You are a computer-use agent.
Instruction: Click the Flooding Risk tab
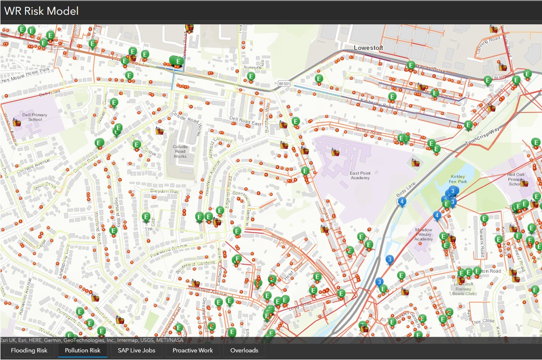pyautogui.click(x=29, y=350)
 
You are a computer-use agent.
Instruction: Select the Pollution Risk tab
pyautogui.click(x=82, y=350)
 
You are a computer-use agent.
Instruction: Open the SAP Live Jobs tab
pyautogui.click(x=136, y=350)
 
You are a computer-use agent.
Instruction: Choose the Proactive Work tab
pyautogui.click(x=193, y=350)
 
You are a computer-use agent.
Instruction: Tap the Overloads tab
pyautogui.click(x=244, y=350)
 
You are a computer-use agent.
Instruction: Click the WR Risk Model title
pyautogui.click(x=41, y=11)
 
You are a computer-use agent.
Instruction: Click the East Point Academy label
pyautogui.click(x=360, y=175)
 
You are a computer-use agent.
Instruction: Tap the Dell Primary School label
pyautogui.click(x=35, y=117)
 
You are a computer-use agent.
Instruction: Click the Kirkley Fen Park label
pyautogui.click(x=457, y=179)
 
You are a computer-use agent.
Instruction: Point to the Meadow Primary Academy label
pyautogui.click(x=423, y=234)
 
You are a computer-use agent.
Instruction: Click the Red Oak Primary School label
pyautogui.click(x=516, y=179)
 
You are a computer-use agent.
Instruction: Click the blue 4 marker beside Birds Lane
pyautogui.click(x=402, y=202)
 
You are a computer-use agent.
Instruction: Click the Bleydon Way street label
pyautogui.click(x=164, y=191)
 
